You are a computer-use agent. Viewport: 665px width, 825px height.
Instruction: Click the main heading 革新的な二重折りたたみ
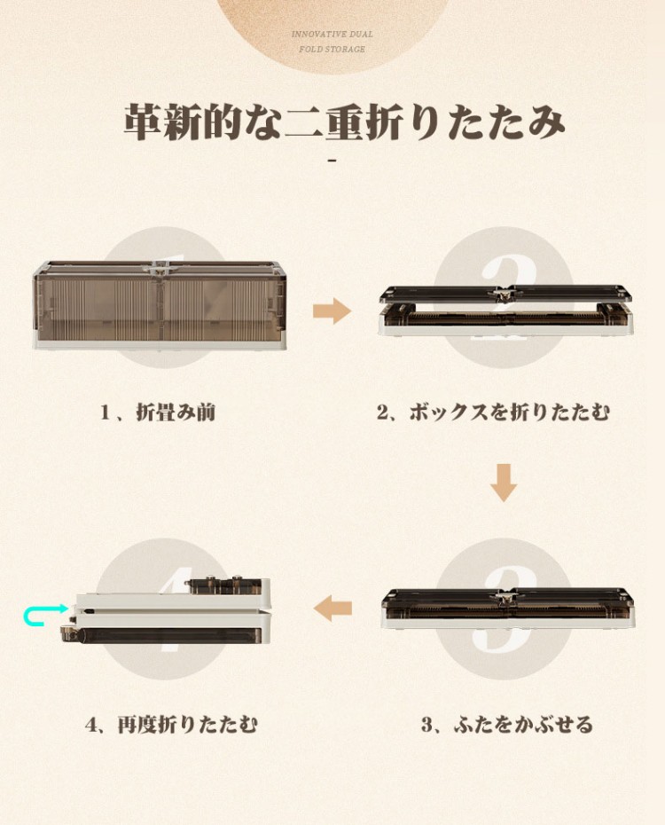pyautogui.click(x=345, y=122)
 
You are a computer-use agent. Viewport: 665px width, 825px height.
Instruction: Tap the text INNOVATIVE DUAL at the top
pyautogui.click(x=332, y=35)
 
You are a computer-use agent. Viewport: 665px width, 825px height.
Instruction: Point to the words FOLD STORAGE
pyautogui.click(x=332, y=49)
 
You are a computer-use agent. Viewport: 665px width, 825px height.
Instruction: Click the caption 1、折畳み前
pyautogui.click(x=158, y=412)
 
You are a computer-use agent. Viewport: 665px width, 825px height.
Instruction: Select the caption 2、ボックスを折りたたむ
pyautogui.click(x=493, y=412)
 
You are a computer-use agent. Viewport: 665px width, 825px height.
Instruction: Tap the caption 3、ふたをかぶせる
pyautogui.click(x=507, y=725)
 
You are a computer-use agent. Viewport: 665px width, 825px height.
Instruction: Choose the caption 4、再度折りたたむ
pyautogui.click(x=171, y=725)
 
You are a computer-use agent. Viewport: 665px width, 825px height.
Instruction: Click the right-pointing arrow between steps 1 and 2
pyautogui.click(x=332, y=310)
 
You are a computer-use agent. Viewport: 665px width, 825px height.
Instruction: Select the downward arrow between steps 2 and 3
pyautogui.click(x=504, y=483)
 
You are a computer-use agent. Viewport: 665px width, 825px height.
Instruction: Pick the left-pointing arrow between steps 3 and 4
pyautogui.click(x=332, y=609)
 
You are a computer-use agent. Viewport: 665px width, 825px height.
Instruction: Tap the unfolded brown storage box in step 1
pyautogui.click(x=160, y=304)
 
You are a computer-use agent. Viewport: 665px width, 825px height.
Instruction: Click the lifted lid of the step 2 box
pyautogui.click(x=505, y=294)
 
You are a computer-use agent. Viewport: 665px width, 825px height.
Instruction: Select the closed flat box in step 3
pyautogui.click(x=508, y=609)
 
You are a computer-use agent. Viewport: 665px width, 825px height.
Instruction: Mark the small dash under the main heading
pyautogui.click(x=332, y=160)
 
